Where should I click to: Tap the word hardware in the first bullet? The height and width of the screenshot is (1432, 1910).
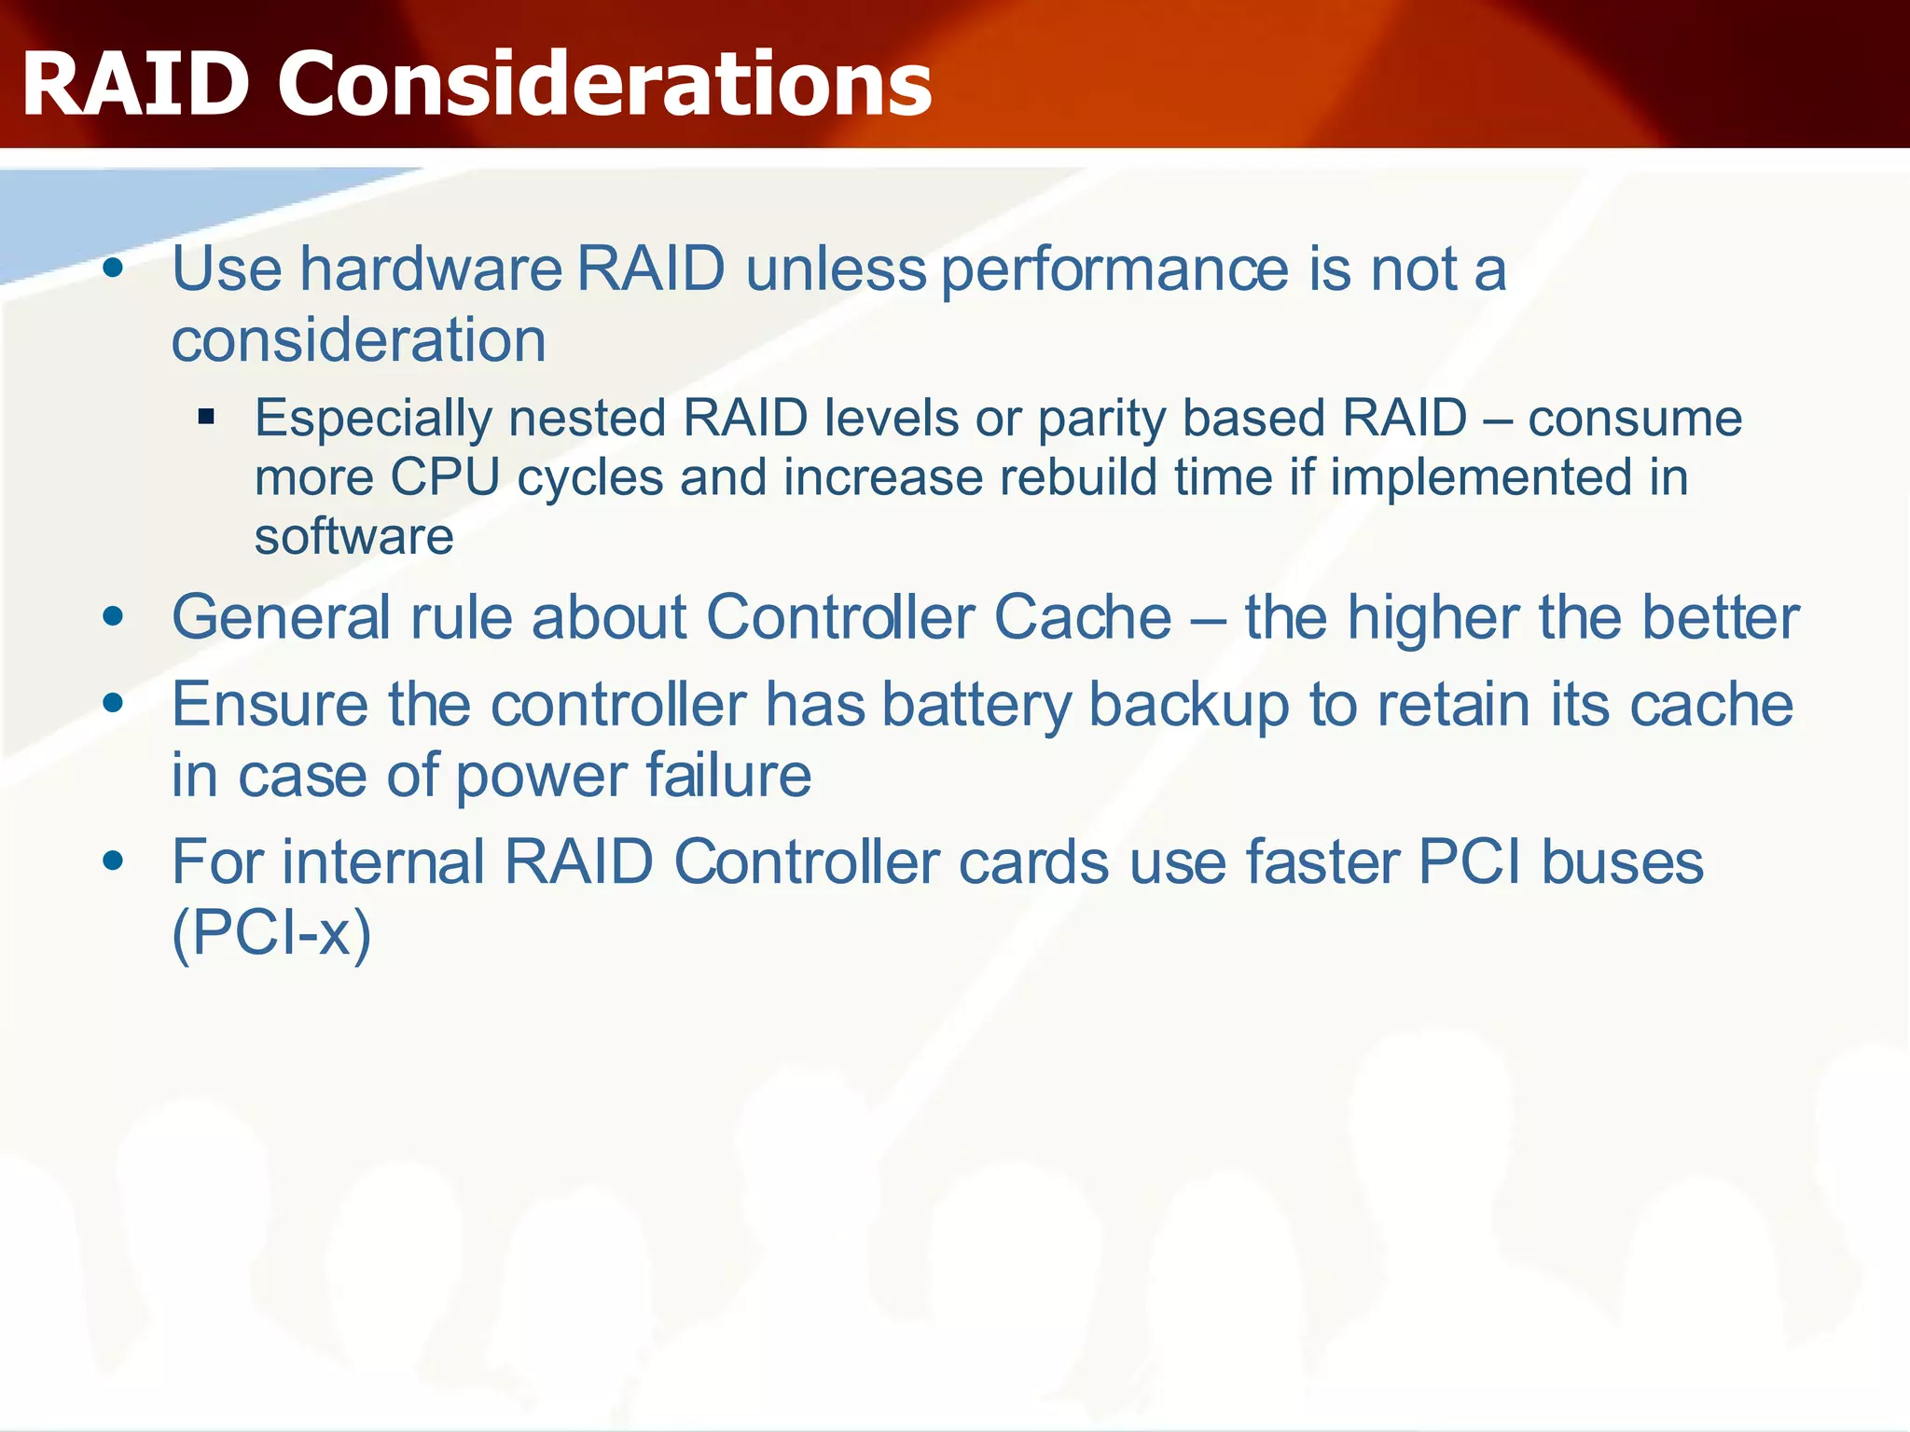pos(431,269)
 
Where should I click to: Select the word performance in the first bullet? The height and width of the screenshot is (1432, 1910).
pos(1114,269)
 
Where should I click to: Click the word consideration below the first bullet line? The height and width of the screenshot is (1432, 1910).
pos(358,340)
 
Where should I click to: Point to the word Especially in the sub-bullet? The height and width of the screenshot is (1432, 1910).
pos(373,419)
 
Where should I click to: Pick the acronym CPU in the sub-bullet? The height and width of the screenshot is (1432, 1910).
pos(446,477)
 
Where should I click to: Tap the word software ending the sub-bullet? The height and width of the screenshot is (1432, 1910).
pos(353,537)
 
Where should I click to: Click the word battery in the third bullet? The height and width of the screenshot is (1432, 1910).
pos(977,705)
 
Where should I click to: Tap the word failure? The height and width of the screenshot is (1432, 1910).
pos(727,776)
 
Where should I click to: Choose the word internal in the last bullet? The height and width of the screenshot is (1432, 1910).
pos(383,861)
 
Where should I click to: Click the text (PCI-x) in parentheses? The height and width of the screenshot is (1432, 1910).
pos(271,932)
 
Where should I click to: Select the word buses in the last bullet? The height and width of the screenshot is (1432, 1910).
pos(1622,861)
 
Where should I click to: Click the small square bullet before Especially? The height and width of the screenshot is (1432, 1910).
pos(206,417)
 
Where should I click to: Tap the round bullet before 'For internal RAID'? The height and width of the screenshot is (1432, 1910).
pos(114,861)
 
